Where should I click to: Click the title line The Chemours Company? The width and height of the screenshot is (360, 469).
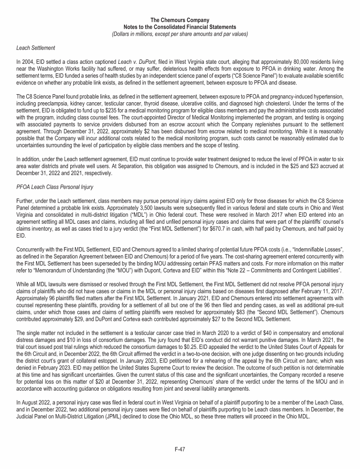click(180, 21)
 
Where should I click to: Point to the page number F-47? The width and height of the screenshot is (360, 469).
click(180, 449)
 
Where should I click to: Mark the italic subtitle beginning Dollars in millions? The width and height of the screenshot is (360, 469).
click(180, 34)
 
